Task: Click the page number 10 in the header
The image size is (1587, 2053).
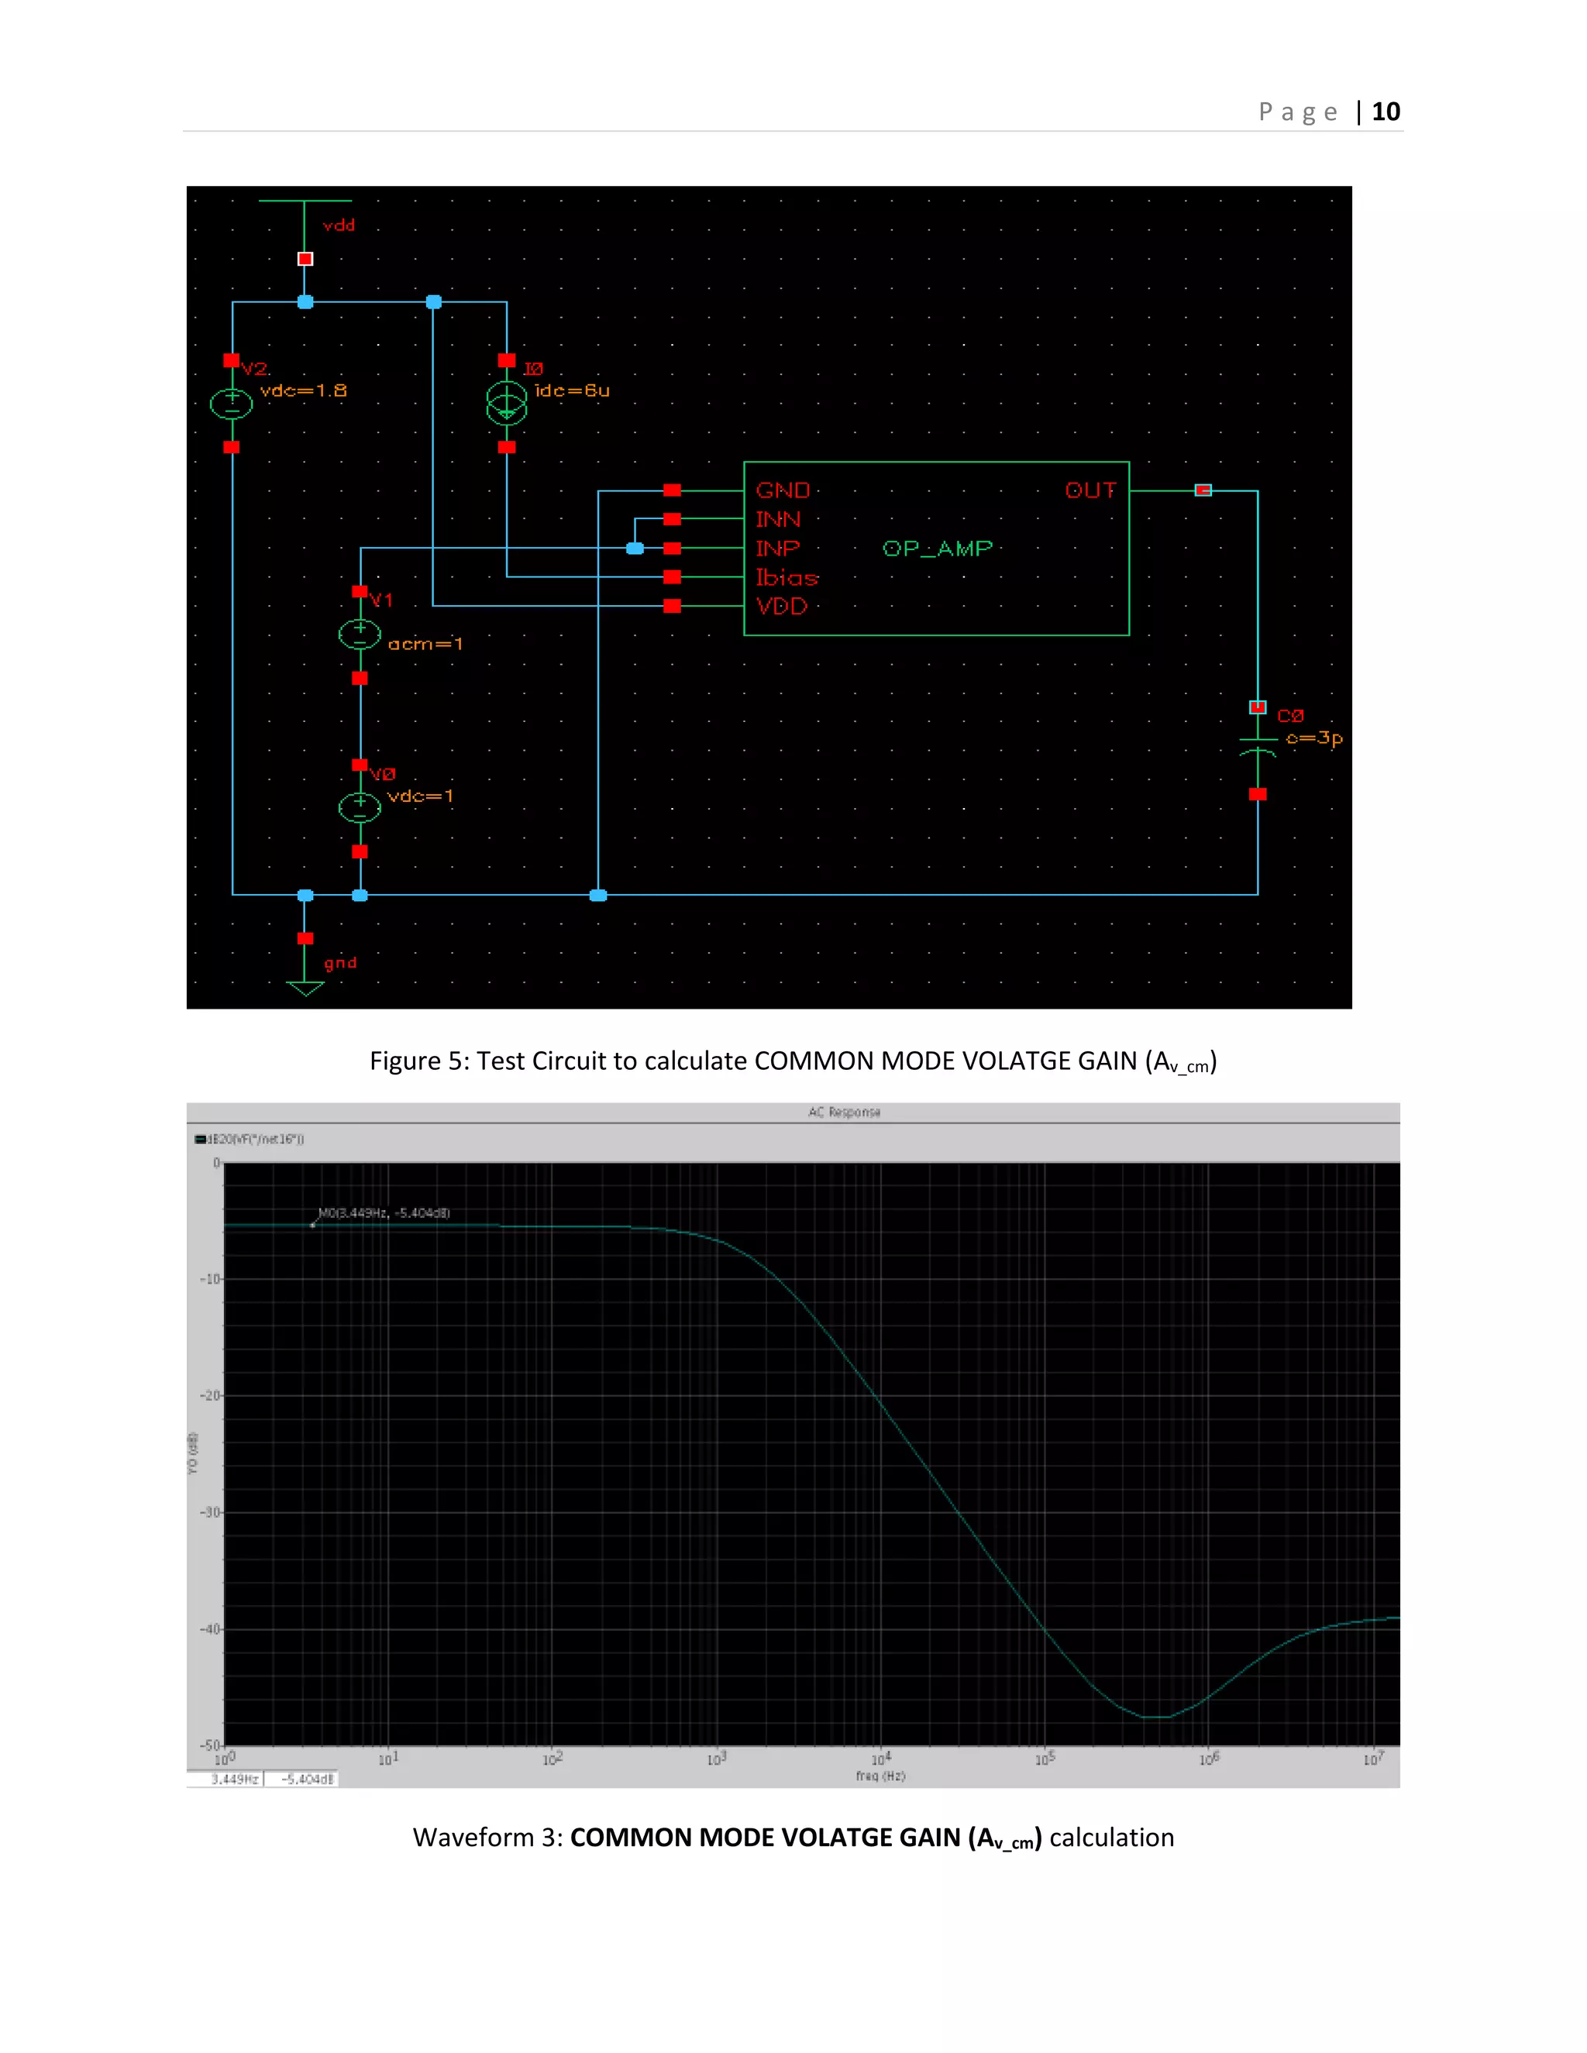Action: click(x=1385, y=112)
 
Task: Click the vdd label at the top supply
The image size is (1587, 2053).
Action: click(x=339, y=225)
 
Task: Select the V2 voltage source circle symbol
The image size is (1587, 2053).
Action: click(x=231, y=404)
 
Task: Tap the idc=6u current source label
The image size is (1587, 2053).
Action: click(x=572, y=390)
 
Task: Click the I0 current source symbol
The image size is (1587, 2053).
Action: click(x=507, y=404)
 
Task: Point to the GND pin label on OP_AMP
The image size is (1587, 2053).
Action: click(x=782, y=490)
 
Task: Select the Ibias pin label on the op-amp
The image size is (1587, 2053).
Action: click(x=787, y=578)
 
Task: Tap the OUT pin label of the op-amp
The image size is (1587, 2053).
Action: click(x=1090, y=490)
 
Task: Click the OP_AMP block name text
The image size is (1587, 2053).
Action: click(x=938, y=549)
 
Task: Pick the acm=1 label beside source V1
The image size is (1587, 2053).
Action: click(x=425, y=644)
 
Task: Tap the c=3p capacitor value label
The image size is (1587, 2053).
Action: click(x=1313, y=738)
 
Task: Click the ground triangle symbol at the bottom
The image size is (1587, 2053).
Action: click(x=305, y=987)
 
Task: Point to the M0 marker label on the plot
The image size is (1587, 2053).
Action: click(x=384, y=1212)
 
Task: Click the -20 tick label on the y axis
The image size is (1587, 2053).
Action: click(x=211, y=1396)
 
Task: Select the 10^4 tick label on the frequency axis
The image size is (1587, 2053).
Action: click(x=881, y=1758)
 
